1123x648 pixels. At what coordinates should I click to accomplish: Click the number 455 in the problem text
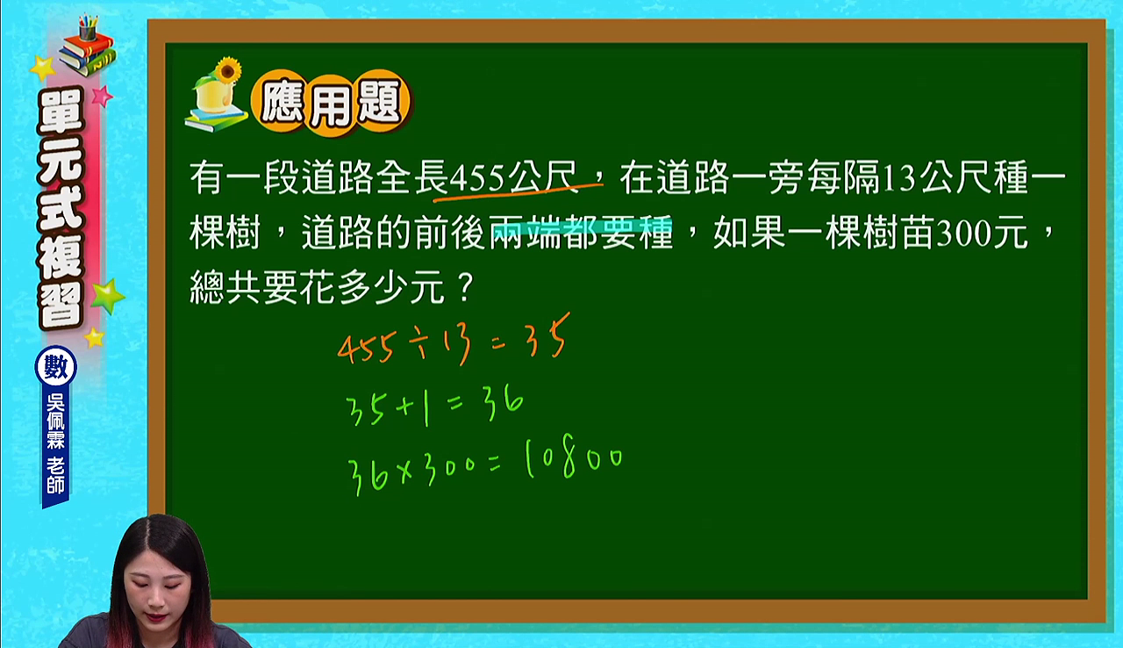tap(476, 179)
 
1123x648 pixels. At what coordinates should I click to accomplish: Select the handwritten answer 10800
tap(574, 459)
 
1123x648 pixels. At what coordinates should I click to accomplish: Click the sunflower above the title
tap(227, 69)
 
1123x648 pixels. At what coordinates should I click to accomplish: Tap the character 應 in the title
tap(282, 103)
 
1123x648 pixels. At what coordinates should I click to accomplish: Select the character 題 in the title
tap(380, 102)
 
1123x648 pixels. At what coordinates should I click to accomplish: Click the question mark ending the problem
tap(466, 287)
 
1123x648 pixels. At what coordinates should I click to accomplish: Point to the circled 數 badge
tap(55, 366)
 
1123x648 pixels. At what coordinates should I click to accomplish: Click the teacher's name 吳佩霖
tap(55, 421)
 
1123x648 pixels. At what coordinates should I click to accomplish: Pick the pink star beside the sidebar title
tap(103, 96)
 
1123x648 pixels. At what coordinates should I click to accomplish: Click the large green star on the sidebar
tap(107, 295)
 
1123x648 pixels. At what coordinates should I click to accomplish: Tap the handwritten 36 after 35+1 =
tap(504, 403)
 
